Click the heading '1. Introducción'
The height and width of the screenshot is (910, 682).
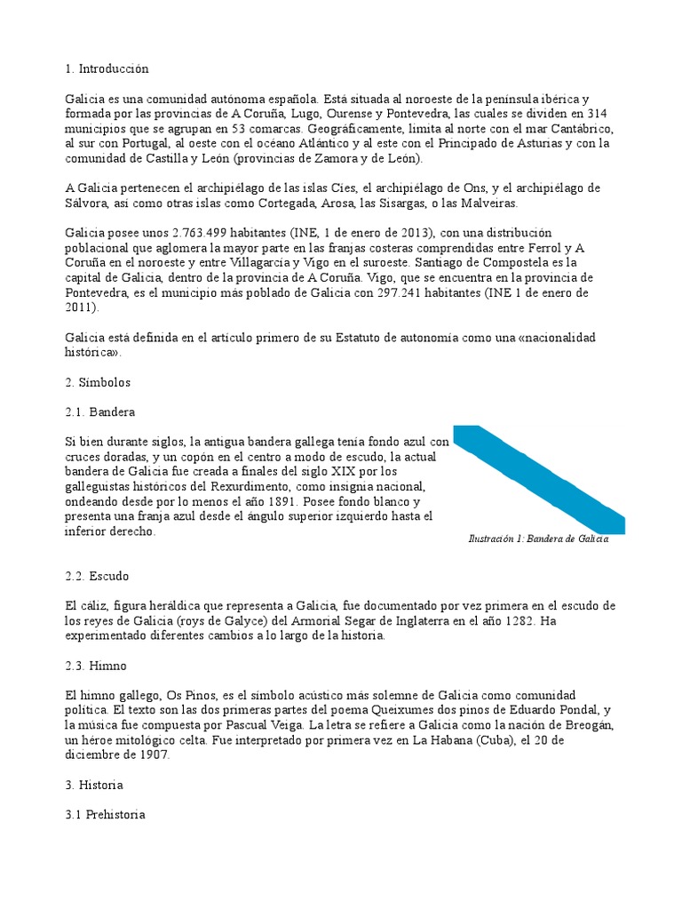pyautogui.click(x=107, y=68)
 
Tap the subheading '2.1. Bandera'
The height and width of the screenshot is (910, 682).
pyautogui.click(x=100, y=412)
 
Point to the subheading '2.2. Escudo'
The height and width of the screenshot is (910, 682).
pyautogui.click(x=98, y=576)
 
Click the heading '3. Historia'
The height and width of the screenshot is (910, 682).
pyautogui.click(x=94, y=785)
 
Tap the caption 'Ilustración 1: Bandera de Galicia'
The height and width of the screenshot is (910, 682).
pyautogui.click(x=539, y=539)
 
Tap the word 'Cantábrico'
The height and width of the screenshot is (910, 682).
pyautogui.click(x=580, y=129)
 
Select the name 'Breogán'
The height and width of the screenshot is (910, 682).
pyautogui.click(x=588, y=725)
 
